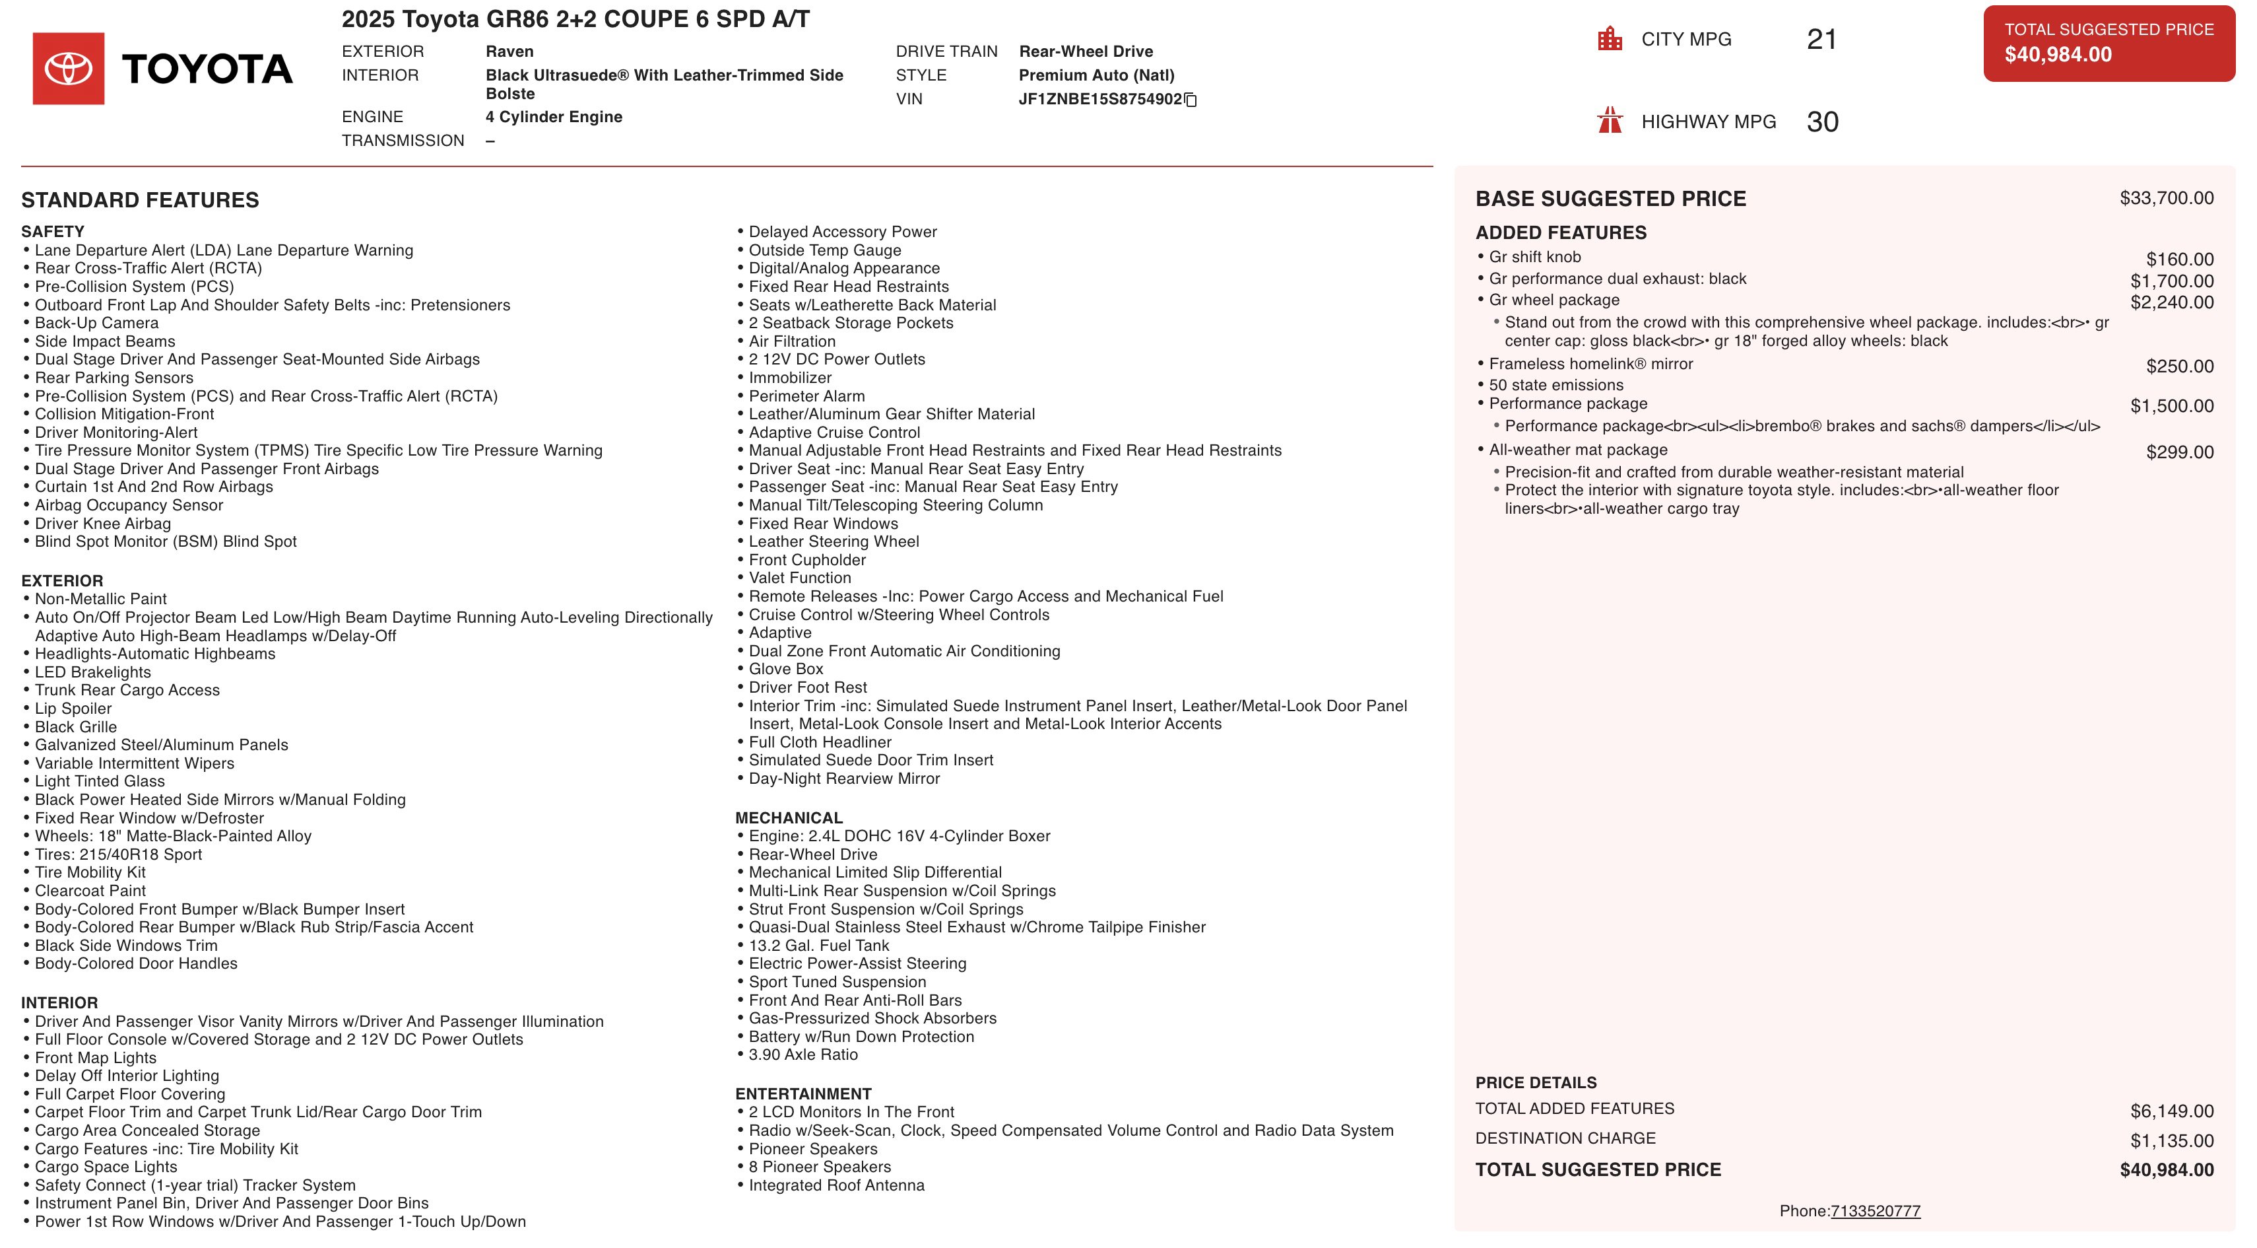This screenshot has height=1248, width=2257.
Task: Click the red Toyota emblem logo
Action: pyautogui.click(x=69, y=69)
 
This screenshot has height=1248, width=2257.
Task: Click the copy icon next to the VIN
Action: pyautogui.click(x=1190, y=100)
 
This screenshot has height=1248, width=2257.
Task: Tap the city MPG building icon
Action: pyautogui.click(x=1610, y=38)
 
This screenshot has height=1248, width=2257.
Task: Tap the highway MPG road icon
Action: pyautogui.click(x=1610, y=120)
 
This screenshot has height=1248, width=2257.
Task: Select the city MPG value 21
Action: pyautogui.click(x=1821, y=40)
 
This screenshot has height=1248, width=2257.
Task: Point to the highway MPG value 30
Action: pyautogui.click(x=1822, y=121)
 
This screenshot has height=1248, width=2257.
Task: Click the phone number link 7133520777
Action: pyautogui.click(x=1875, y=1211)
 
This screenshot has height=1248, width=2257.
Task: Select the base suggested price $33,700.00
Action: pyautogui.click(x=2166, y=198)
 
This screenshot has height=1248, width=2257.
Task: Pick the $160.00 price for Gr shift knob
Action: pyautogui.click(x=2179, y=260)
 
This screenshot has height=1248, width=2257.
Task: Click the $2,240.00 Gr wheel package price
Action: pyautogui.click(x=2171, y=302)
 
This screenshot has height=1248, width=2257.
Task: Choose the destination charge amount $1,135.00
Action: pyautogui.click(x=2171, y=1141)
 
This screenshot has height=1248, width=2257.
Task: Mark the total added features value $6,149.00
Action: pyautogui.click(x=2171, y=1111)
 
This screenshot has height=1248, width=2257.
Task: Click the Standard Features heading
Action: pyautogui.click(x=140, y=200)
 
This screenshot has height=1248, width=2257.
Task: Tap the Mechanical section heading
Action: pyautogui.click(x=789, y=817)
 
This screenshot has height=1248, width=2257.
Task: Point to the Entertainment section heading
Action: pyautogui.click(x=802, y=1093)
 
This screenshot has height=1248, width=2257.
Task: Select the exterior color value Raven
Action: pyautogui.click(x=509, y=52)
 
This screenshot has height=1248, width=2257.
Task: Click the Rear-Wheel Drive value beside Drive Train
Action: pyautogui.click(x=1086, y=52)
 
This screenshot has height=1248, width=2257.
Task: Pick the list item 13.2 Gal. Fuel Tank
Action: pyautogui.click(x=818, y=946)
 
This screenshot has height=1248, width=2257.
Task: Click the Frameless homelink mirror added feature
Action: pyautogui.click(x=1590, y=364)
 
